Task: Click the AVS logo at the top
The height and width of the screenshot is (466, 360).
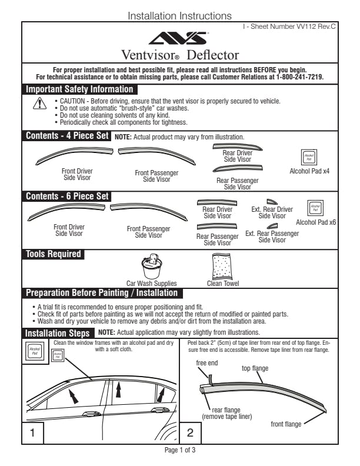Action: [180, 39]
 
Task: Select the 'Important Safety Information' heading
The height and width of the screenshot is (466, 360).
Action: [79, 89]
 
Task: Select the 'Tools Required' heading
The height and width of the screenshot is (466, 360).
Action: [53, 254]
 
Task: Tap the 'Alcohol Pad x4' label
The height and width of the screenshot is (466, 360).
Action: [309, 171]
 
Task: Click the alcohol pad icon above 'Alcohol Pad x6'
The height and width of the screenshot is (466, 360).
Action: [316, 208]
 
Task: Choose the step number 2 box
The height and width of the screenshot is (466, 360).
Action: [190, 433]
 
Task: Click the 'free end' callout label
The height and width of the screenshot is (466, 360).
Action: [207, 363]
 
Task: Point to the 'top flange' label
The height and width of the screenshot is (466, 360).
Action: [255, 368]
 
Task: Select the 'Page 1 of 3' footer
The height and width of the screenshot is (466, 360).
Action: [180, 451]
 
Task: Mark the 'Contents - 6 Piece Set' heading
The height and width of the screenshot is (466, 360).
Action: [67, 197]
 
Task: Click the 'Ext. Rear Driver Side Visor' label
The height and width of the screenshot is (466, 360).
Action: [272, 212]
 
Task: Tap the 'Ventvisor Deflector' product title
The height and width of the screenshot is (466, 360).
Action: [180, 55]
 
